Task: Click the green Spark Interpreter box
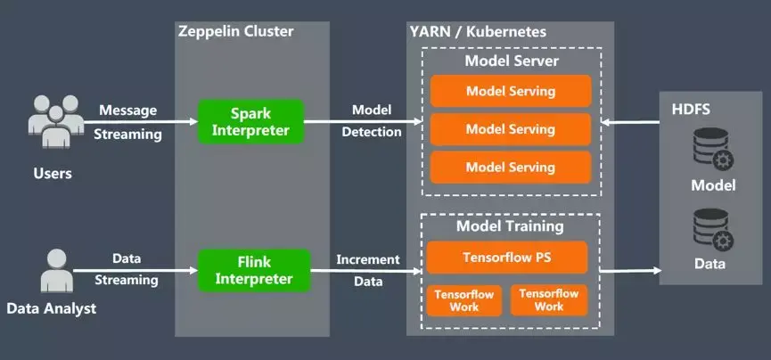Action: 250,121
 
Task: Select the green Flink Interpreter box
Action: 253,270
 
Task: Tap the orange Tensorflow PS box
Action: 506,258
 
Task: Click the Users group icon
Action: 52,122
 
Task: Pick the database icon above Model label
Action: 712,149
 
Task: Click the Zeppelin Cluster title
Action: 235,31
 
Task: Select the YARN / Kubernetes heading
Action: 478,32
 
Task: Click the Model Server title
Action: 512,61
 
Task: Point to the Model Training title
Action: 510,225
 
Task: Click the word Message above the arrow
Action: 127,110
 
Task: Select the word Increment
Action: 367,259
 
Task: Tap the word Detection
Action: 371,132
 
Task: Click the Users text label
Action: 52,173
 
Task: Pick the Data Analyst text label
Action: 51,309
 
